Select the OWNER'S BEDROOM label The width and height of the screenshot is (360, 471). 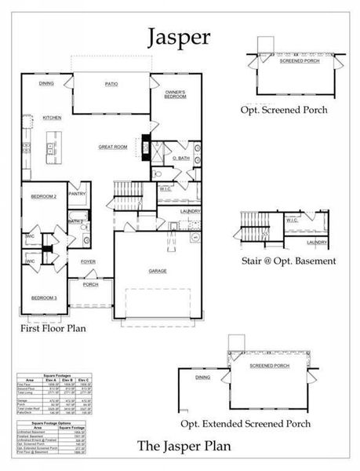(174, 96)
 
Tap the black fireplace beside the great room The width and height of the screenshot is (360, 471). (145, 145)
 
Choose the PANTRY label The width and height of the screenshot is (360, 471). (77, 192)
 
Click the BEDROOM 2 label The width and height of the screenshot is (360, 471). (44, 196)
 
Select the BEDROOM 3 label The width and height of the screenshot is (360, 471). (44, 298)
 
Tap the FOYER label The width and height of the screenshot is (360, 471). (87, 261)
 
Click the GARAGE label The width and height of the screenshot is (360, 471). (158, 269)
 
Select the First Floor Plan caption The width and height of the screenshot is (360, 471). (53, 330)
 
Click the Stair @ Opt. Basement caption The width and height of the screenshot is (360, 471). (289, 261)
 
